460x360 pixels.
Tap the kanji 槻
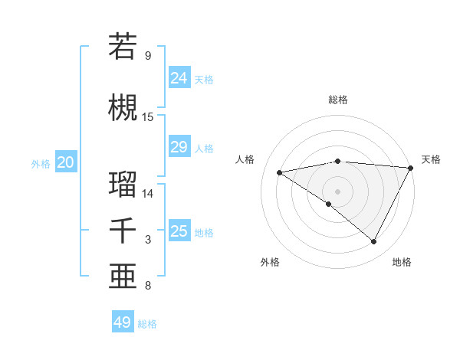pos(123,107)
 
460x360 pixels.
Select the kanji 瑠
pos(123,184)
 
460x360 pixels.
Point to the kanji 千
pos(123,231)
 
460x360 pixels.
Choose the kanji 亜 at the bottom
pos(123,276)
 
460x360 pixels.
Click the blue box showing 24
pos(179,77)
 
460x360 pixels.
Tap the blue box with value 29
pos(179,146)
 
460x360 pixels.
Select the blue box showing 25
pos(179,231)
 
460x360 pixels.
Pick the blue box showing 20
pos(66,162)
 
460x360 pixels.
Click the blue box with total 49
pos(123,322)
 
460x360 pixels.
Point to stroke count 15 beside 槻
pos(148,117)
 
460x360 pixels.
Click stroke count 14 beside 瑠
pos(148,194)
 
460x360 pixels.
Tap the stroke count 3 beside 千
pos(148,241)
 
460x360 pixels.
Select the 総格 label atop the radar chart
pos(338,100)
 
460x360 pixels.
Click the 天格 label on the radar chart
pos(431,159)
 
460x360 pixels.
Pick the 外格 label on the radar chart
pos(270,262)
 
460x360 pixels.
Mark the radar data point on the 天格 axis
pos(412,167)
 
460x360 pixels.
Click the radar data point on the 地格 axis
pos(374,241)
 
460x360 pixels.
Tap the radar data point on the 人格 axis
pos(280,172)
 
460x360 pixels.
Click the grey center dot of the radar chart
pos(337,191)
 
